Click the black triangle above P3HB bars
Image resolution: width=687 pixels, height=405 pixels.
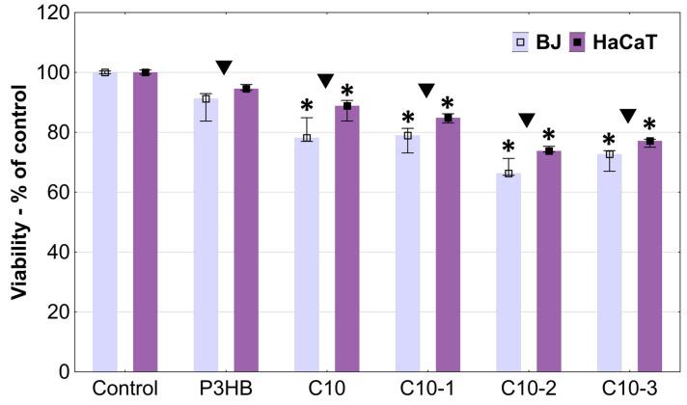coord(224,67)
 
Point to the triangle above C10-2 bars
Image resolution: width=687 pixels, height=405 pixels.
coord(526,121)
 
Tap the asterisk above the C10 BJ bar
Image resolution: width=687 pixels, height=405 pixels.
coord(307,107)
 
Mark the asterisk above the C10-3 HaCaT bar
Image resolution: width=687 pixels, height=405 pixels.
coord(649,125)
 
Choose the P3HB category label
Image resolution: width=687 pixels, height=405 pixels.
coord(225,390)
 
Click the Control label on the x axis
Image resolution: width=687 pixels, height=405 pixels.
coord(125,390)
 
